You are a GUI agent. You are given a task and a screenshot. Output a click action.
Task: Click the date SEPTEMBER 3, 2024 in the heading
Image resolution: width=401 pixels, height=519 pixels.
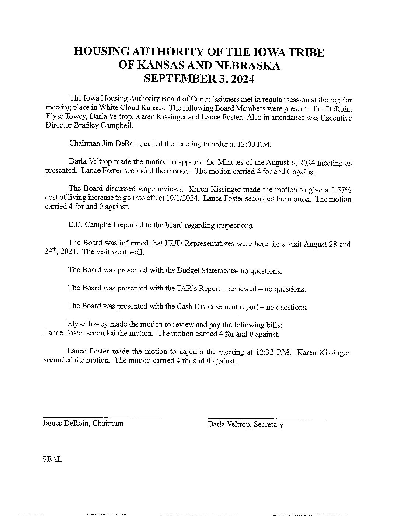click(x=199, y=79)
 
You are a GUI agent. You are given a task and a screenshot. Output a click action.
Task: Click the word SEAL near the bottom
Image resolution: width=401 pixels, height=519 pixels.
click(x=52, y=460)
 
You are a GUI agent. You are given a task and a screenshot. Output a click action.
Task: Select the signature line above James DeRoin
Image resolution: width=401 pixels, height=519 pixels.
click(x=102, y=418)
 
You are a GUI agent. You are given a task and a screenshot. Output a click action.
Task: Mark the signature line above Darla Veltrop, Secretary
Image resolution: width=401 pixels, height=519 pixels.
click(x=266, y=419)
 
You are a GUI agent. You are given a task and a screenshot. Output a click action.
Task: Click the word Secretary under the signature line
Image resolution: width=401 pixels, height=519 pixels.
click(x=269, y=425)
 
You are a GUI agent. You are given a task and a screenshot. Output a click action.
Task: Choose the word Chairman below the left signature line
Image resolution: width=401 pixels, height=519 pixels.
click(x=108, y=424)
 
